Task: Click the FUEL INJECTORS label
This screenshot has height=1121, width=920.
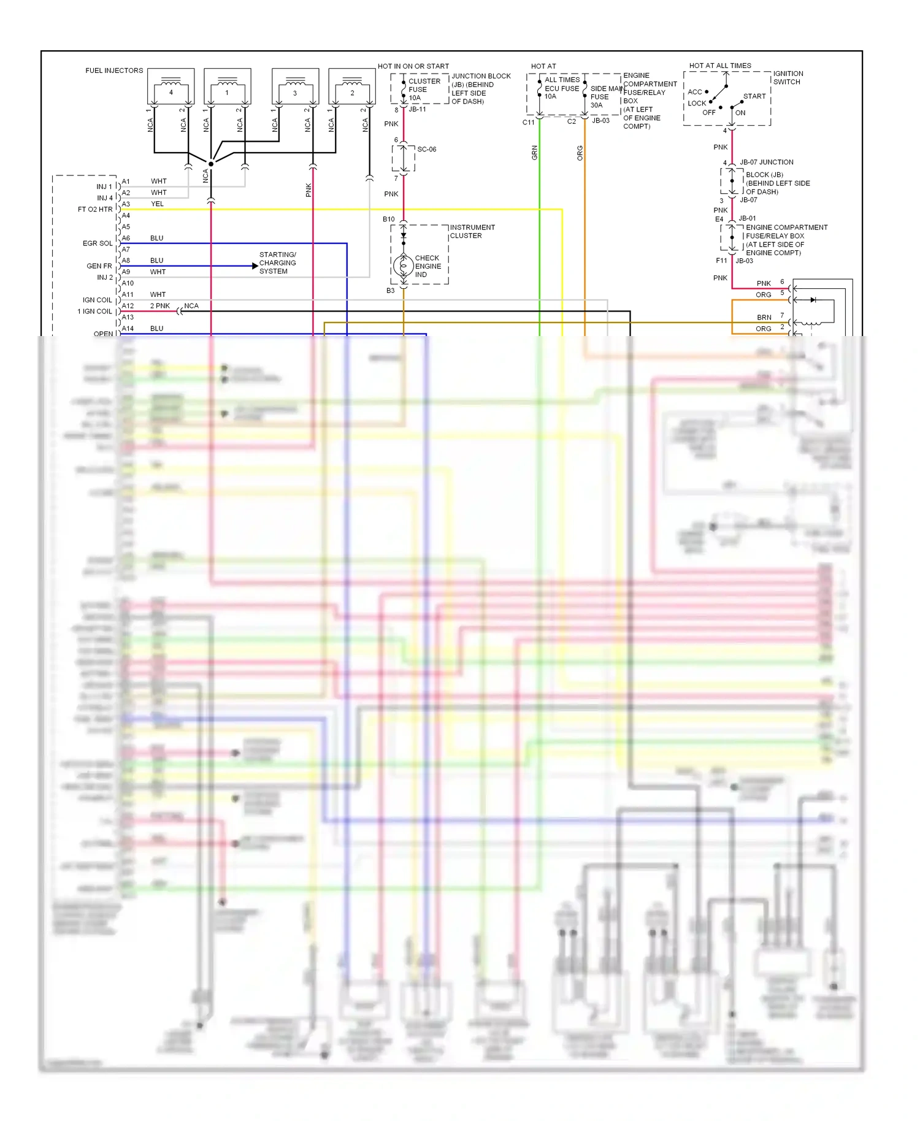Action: pos(114,71)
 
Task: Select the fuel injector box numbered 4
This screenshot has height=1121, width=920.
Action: pos(171,86)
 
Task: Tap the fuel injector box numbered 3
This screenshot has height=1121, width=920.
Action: pos(295,86)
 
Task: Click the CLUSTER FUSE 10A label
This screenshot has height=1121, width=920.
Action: pos(423,90)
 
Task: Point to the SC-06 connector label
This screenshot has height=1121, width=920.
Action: pos(427,149)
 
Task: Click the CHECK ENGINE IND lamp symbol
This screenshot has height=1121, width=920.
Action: pos(404,266)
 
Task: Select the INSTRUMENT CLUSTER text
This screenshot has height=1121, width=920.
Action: pos(472,231)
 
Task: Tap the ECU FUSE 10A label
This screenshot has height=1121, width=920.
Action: pos(561,88)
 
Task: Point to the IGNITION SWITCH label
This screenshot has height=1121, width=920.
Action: pos(788,77)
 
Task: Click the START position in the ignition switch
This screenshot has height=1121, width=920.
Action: pos(754,96)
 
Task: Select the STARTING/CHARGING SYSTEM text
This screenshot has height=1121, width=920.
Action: pos(277,262)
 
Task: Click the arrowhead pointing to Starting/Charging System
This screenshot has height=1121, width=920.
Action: pos(255,266)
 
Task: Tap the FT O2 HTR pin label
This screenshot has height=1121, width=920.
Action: pos(95,209)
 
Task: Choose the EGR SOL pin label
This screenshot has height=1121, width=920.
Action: pos(98,243)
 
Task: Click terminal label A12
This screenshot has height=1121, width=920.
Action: pos(128,305)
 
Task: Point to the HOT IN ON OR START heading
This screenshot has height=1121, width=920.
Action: pos(413,66)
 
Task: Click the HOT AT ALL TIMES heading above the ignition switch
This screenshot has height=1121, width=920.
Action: pos(719,66)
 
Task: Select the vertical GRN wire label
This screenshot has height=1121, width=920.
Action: pos(534,153)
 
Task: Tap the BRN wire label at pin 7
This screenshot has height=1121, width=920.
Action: pos(764,317)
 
